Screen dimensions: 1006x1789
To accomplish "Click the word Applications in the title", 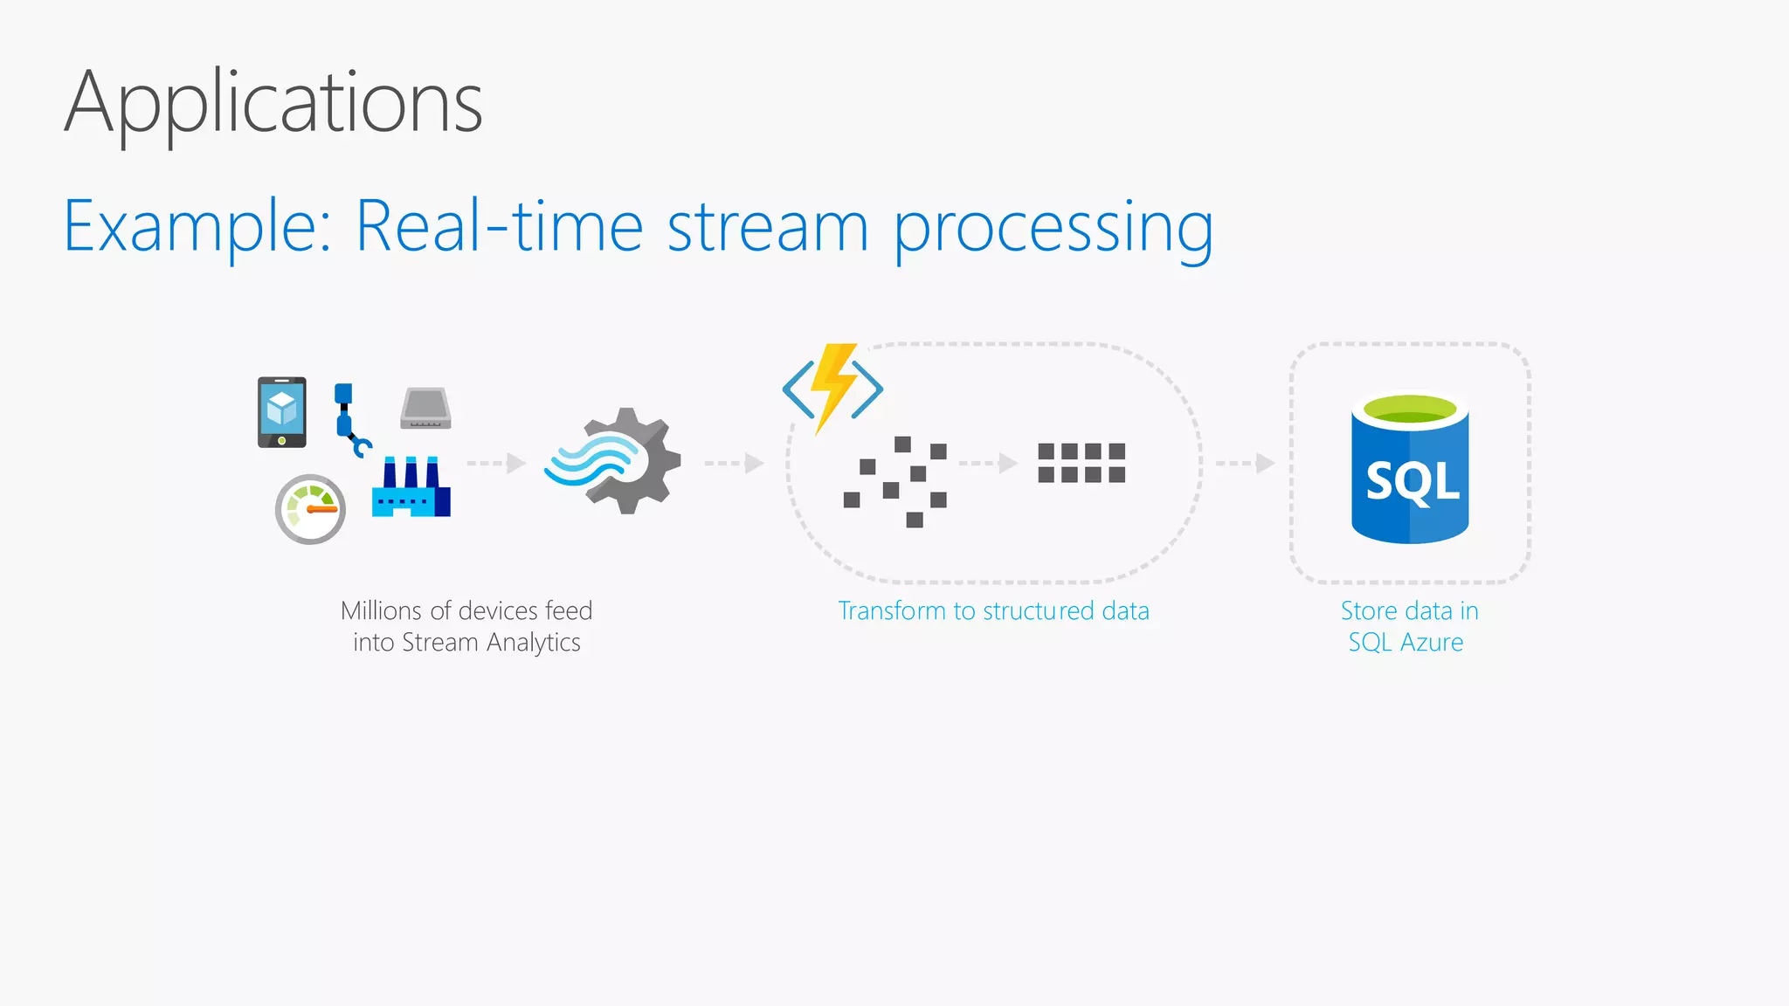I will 273,103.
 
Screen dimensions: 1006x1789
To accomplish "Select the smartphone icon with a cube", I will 281,412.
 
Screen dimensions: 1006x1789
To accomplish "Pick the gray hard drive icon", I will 425,409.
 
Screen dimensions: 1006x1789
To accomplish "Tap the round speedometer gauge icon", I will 310,509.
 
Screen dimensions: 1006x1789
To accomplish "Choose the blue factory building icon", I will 411,489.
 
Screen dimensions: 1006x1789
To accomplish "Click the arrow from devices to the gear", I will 496,463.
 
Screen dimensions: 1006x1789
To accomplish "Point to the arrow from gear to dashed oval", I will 735,463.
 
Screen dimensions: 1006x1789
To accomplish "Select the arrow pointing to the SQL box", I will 1246,463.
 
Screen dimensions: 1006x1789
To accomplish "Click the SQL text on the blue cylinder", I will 1412,482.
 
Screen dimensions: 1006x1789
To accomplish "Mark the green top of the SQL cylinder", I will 1410,408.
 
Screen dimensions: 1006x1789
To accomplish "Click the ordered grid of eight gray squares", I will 1081,463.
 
